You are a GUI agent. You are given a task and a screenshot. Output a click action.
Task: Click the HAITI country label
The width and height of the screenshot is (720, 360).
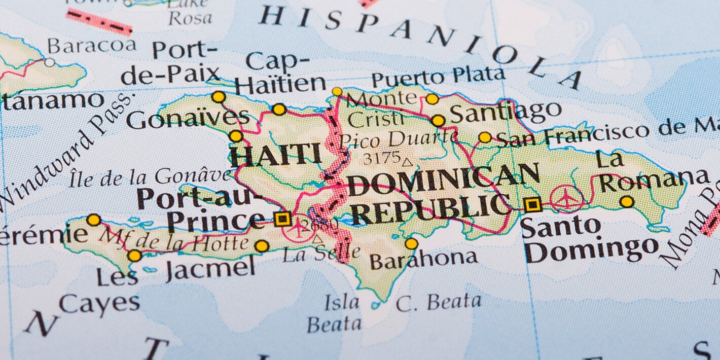(x=276, y=155)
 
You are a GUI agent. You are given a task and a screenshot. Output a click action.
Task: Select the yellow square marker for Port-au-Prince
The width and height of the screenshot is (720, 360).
(x=282, y=219)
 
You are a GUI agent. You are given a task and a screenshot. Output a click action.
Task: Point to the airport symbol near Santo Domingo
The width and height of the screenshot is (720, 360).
(x=566, y=198)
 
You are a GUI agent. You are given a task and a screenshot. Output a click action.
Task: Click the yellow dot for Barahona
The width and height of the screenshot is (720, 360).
(x=411, y=243)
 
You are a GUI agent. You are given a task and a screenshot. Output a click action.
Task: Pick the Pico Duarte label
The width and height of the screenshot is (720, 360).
(x=399, y=138)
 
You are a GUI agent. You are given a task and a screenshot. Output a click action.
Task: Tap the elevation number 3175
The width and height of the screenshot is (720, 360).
(x=381, y=158)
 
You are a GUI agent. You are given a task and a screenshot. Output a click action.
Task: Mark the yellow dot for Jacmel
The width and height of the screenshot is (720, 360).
(x=262, y=246)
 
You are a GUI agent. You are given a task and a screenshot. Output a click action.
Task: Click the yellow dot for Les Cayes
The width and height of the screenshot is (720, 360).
(x=134, y=256)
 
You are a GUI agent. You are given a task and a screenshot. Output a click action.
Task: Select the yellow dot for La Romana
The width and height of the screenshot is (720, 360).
(x=627, y=202)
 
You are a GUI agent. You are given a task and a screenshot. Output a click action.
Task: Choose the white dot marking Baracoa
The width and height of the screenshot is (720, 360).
(x=49, y=62)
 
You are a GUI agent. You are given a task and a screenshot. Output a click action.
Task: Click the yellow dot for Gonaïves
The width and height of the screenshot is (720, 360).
(x=236, y=136)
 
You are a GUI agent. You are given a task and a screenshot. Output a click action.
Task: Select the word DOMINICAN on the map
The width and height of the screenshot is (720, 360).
(x=443, y=180)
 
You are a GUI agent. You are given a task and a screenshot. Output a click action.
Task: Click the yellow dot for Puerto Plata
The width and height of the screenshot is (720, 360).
(x=432, y=99)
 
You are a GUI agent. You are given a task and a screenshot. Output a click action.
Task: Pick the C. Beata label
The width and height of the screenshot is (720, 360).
(x=438, y=303)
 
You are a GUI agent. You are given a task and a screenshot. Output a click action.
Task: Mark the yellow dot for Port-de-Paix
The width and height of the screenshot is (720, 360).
(x=219, y=96)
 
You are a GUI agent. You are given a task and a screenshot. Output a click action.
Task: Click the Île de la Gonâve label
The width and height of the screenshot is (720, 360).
(x=150, y=177)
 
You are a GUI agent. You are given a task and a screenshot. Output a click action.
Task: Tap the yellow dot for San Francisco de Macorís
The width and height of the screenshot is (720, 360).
(x=485, y=137)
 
